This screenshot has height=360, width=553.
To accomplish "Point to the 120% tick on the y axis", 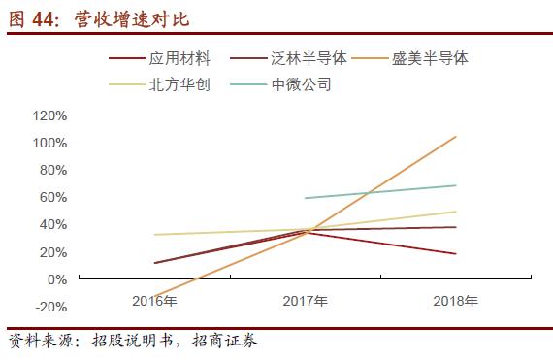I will pos(49,115).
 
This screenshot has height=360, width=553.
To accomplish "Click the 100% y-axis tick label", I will pos(49,143).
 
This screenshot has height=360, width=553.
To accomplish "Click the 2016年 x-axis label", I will pos(154,301).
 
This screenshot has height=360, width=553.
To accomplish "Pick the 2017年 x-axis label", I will pos(306,301).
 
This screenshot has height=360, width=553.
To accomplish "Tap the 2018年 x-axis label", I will pos(456,301).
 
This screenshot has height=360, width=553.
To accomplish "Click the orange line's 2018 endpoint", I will pos(456,137).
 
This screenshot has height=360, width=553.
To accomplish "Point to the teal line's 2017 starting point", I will pos(306,198).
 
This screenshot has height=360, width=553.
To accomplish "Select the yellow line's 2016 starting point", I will pos(154,235).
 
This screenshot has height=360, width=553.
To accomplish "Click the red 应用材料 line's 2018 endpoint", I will pos(456,254).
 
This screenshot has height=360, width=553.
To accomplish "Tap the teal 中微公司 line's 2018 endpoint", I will pos(456,185).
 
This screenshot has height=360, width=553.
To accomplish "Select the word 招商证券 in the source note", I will pos(224,343).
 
